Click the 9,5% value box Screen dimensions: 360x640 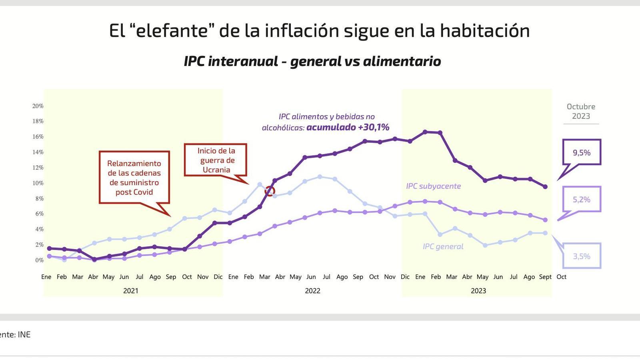[x=582, y=152]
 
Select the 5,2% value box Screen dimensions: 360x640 [x=582, y=199]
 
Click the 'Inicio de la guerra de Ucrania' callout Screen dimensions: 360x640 [x=216, y=160]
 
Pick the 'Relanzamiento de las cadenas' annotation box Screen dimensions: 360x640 [x=134, y=178]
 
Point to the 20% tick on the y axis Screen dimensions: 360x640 [x=38, y=106]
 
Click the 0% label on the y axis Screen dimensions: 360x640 [x=39, y=260]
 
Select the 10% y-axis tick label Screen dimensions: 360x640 [x=38, y=183]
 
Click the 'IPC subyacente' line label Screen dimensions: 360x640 [x=433, y=186]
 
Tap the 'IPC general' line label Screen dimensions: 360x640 [x=443, y=246]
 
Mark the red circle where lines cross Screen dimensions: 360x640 [x=270, y=191]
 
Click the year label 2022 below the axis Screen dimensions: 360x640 [x=312, y=291]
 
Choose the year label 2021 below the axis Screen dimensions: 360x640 [x=131, y=291]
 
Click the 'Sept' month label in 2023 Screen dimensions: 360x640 [x=545, y=277]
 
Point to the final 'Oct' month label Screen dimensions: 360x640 [x=561, y=277]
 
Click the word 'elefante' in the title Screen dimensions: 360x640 [x=172, y=31]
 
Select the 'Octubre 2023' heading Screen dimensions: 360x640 [x=581, y=111]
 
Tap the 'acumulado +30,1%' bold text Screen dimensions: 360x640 [x=348, y=127]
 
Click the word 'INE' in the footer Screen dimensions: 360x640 [x=24, y=334]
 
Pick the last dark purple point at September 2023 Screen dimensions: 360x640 [x=545, y=187]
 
